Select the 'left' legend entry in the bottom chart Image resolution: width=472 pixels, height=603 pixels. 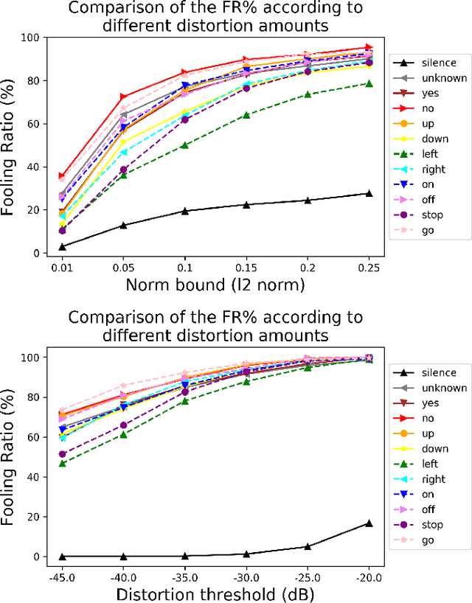[x=429, y=464]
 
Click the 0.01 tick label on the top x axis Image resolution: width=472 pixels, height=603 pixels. [x=61, y=267]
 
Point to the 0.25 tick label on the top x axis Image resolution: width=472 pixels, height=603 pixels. [x=369, y=267]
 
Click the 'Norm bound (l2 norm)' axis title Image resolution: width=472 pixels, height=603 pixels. [x=215, y=285]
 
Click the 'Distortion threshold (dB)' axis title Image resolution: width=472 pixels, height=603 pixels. [x=215, y=593]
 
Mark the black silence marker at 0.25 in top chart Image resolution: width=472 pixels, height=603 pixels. [x=369, y=193]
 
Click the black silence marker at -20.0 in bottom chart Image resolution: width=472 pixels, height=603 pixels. [x=369, y=523]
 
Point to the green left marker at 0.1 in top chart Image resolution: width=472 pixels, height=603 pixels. [x=184, y=145]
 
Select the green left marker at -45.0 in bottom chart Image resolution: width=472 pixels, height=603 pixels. [x=62, y=464]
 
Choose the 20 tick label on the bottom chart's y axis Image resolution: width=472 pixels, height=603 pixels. [x=32, y=517]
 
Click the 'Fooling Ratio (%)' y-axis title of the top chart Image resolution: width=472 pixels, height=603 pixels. [x=10, y=146]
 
